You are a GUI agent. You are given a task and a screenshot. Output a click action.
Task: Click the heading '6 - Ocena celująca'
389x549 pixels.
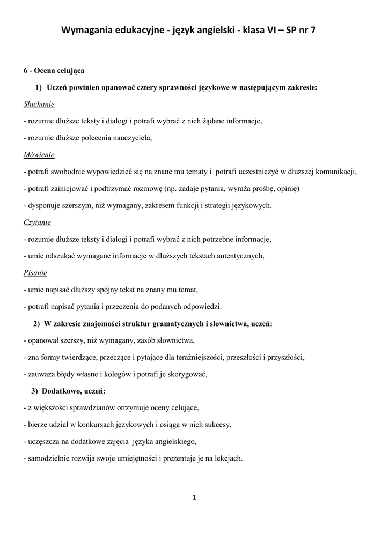54,70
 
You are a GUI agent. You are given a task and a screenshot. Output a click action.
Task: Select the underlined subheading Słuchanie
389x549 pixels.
39,103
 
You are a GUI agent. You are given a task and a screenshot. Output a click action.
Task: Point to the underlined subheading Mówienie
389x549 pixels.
39,155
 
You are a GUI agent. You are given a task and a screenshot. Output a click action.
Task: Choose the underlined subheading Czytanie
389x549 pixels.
38,222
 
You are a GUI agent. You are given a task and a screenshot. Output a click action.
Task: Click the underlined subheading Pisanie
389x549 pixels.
35,273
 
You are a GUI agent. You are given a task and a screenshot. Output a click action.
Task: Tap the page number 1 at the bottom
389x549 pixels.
194,498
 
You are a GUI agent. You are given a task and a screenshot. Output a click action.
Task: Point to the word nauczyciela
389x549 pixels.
133,138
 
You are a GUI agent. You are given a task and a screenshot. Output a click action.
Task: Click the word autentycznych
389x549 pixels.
239,256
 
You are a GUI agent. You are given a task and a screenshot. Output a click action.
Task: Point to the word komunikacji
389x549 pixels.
336,172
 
